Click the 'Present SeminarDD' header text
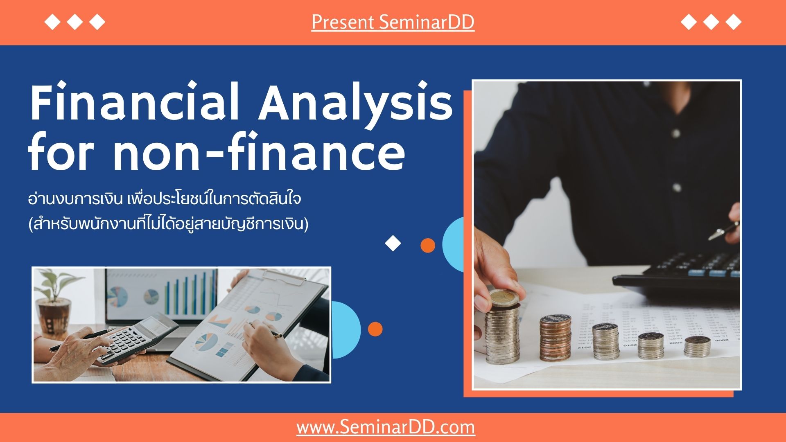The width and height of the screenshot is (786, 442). click(393, 22)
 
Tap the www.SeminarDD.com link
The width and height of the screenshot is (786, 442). click(386, 427)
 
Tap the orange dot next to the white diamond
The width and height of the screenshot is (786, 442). click(428, 245)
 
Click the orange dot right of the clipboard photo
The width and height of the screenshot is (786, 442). click(375, 329)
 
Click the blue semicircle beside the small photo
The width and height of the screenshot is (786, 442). click(346, 330)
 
